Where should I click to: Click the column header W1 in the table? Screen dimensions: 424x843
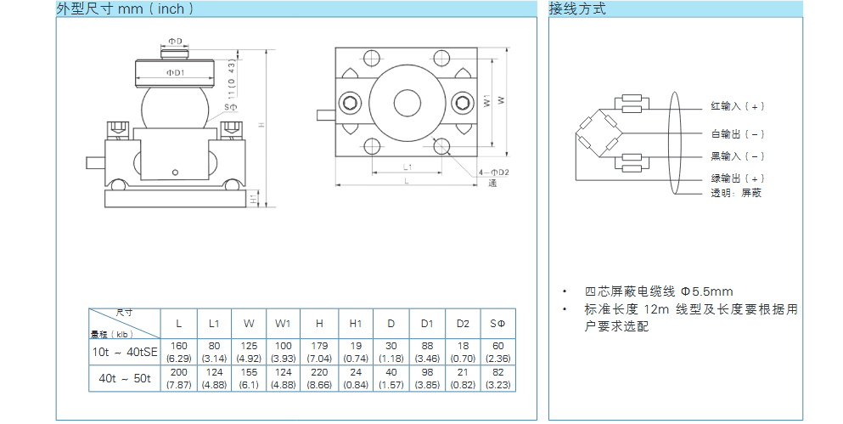point(284,324)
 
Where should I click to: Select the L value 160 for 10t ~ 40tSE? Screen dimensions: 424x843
point(178,346)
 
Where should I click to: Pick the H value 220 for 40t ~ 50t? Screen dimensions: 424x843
point(319,372)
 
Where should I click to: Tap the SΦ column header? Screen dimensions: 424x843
point(497,324)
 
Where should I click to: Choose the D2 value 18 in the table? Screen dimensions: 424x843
point(462,346)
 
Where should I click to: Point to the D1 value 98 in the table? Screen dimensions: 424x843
point(426,372)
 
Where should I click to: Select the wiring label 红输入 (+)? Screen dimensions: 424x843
point(738,106)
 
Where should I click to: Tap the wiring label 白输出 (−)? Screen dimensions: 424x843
point(738,134)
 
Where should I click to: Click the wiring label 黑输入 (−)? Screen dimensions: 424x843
point(738,156)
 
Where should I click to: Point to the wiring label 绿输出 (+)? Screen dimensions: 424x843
point(738,178)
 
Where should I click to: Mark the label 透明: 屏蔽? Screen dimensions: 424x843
point(736,193)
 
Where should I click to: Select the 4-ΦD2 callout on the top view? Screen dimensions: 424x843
point(494,172)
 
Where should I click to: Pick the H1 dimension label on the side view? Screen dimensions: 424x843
point(254,199)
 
